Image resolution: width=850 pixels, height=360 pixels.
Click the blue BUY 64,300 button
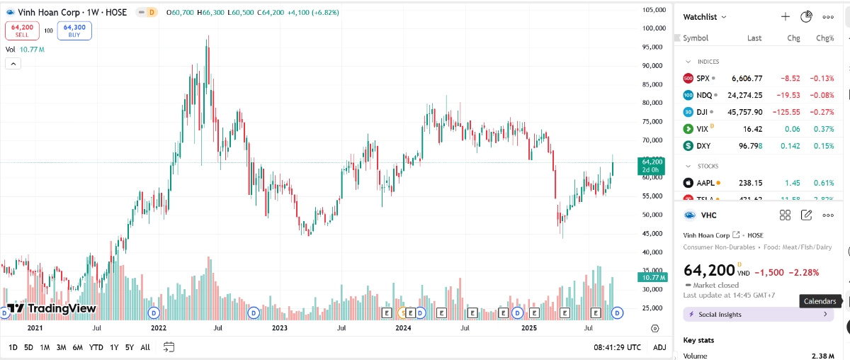74,30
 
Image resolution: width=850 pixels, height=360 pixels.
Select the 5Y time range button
129,347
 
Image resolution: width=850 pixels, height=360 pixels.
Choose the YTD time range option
96,347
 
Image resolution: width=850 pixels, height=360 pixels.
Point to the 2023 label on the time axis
280,328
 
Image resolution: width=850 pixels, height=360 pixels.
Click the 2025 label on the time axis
530,328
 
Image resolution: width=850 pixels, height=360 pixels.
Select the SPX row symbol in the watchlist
703,78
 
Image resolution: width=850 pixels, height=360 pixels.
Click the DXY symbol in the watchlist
703,146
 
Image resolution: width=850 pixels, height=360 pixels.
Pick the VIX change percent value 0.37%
824,129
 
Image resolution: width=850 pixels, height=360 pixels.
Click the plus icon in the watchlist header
785,17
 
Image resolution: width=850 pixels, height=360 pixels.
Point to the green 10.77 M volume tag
652,278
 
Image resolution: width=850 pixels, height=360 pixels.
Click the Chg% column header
824,38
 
